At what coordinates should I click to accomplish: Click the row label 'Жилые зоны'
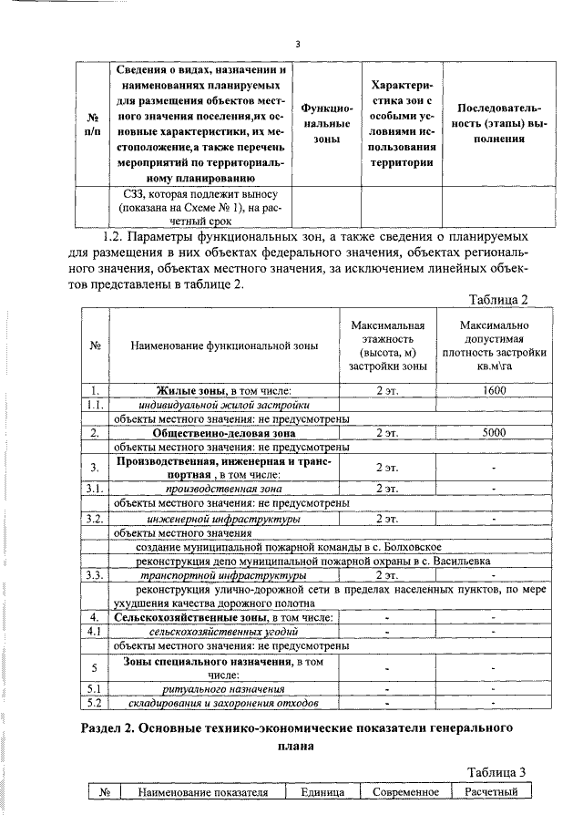tap(191, 389)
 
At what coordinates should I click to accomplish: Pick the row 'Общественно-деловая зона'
tap(224, 433)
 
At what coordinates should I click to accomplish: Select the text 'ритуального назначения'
tap(224, 688)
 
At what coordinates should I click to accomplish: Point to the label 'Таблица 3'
tap(498, 771)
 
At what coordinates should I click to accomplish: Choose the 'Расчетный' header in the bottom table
tap(491, 791)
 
